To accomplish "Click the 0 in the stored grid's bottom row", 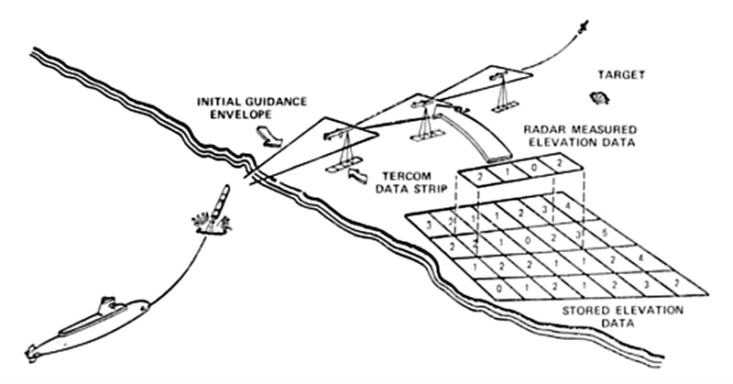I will click(x=498, y=288).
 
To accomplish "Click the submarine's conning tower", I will click(x=107, y=302).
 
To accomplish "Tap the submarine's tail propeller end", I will click(x=32, y=351).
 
